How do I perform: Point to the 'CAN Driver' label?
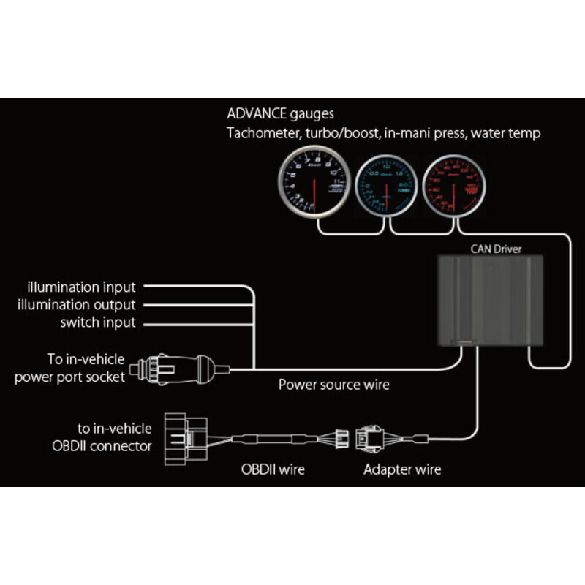(x=497, y=249)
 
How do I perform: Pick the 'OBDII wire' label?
(x=273, y=469)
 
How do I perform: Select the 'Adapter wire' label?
(x=402, y=469)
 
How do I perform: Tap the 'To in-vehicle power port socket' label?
(x=70, y=369)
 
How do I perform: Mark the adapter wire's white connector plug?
(x=372, y=439)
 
